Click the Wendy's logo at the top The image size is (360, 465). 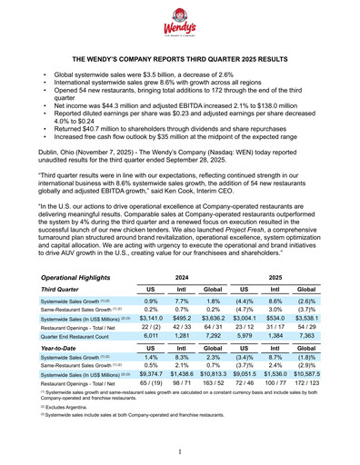[180, 27]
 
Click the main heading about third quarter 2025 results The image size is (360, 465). [180, 57]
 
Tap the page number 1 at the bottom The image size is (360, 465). [180, 450]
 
